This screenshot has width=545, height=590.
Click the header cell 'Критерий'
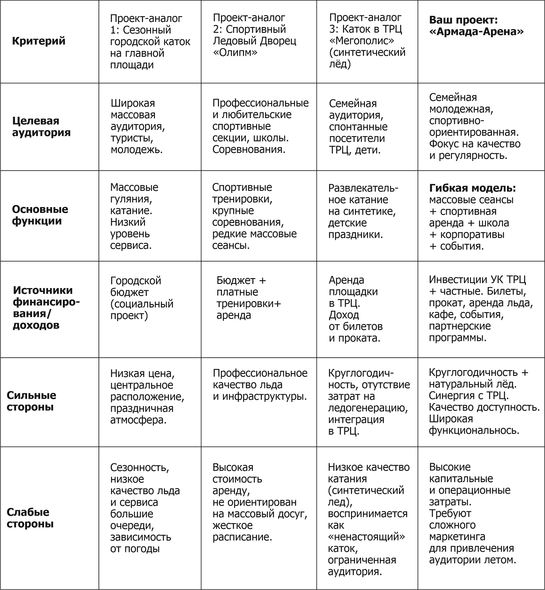point(39,41)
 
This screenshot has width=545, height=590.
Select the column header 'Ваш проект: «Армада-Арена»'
point(476,26)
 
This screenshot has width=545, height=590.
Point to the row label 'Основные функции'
point(40,215)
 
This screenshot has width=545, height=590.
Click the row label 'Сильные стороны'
point(31,401)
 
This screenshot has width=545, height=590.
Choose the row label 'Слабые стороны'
point(30,518)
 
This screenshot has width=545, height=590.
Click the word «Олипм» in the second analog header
point(235,52)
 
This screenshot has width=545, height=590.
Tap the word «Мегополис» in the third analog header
point(361,41)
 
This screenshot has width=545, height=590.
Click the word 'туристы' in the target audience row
point(132,138)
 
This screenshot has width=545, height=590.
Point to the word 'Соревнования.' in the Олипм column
point(249,150)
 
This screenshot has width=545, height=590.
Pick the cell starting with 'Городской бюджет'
point(142,298)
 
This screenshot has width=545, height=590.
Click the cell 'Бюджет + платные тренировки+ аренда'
point(249,298)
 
